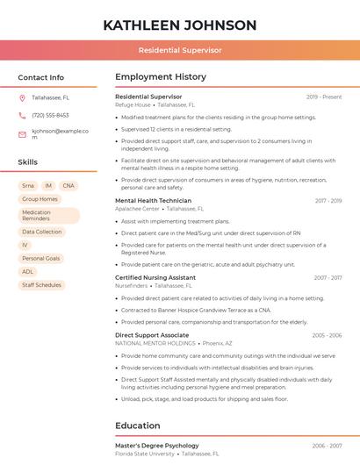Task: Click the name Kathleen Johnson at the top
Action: [180, 25]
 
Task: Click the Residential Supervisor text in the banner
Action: [180, 51]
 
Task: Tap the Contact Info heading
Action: [40, 77]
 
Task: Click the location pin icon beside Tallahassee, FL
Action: [22, 97]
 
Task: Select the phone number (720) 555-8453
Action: [50, 115]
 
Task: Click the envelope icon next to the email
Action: [22, 133]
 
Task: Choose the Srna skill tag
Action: [28, 186]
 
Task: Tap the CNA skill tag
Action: [68, 186]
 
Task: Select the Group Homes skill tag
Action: [40, 199]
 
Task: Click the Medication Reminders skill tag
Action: [48, 216]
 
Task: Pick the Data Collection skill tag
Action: [42, 232]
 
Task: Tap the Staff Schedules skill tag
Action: [41, 285]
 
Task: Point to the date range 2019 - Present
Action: [324, 97]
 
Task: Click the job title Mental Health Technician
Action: [153, 201]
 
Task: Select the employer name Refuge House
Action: [133, 104]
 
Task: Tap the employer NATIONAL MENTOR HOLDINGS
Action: [155, 343]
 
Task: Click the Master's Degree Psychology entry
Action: [156, 446]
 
